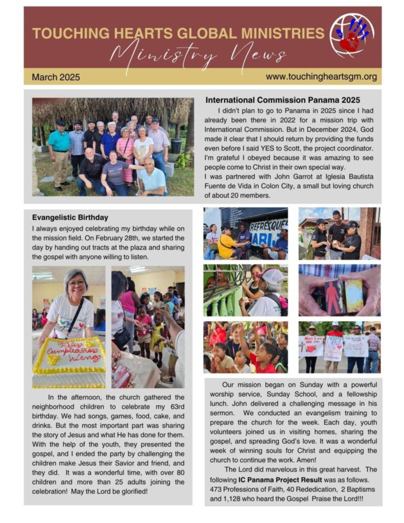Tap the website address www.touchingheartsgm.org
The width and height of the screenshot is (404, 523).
(x=321, y=77)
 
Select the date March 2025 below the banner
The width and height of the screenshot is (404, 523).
(x=56, y=78)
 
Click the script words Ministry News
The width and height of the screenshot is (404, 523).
(x=198, y=54)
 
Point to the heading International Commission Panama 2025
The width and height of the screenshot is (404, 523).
(x=282, y=100)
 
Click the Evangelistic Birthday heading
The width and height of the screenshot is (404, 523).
(x=70, y=217)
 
